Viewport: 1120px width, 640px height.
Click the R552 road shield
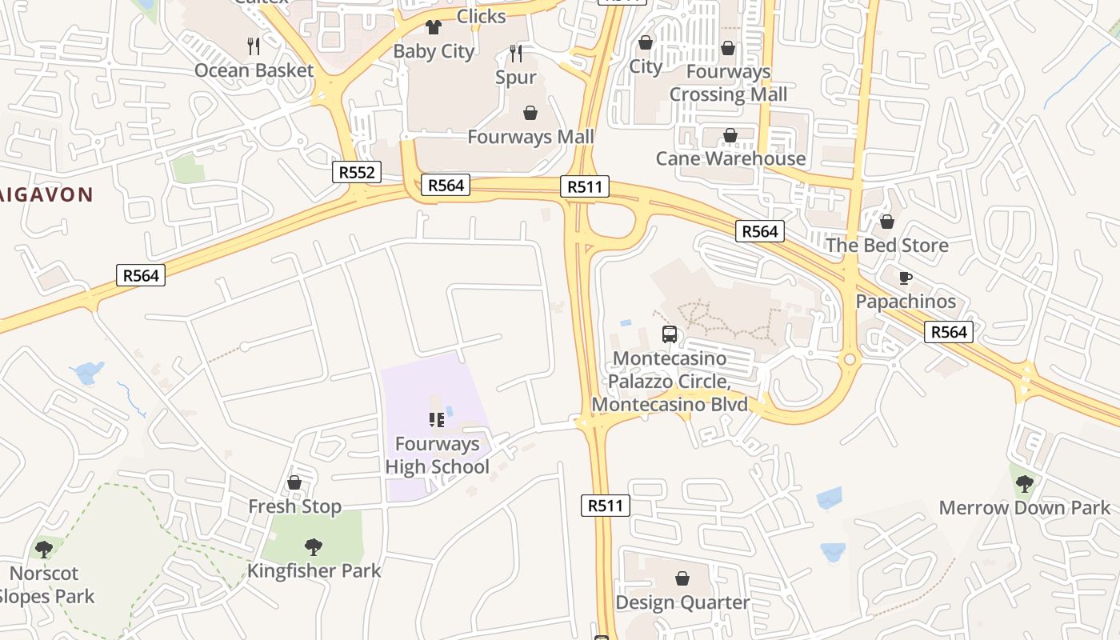357,172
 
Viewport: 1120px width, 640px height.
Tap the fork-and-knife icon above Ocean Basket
254,46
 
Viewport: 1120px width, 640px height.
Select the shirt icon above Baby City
434,27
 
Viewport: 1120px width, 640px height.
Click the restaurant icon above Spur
516,54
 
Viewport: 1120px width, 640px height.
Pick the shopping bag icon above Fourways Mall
530,113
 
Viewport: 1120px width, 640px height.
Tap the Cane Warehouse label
730,158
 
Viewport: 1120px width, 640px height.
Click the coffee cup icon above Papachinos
905,278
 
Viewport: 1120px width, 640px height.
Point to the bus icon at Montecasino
670,334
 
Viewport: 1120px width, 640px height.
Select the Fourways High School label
437,455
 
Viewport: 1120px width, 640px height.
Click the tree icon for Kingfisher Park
314,547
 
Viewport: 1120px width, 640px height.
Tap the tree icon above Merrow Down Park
1024,484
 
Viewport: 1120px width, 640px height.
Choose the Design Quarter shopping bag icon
682,578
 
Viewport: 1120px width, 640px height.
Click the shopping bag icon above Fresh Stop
294,482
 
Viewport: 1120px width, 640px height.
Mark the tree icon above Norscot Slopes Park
44,550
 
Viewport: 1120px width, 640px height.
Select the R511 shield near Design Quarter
605,506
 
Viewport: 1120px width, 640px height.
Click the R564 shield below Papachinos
948,332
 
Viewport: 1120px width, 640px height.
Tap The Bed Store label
886,245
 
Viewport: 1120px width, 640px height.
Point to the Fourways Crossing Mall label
728,83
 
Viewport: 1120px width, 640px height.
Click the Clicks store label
481,16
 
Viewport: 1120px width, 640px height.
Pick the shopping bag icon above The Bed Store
886,222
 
